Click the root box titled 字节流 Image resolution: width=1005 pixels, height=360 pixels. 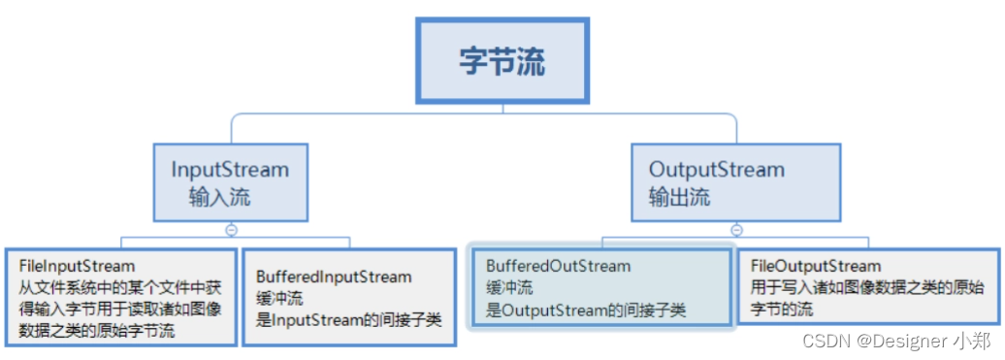502,60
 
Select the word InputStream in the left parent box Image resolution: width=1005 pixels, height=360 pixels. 230,170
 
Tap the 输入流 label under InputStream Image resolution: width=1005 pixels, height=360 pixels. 220,197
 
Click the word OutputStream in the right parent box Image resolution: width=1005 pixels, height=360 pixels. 717,170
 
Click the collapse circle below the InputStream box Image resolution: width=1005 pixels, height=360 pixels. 232,229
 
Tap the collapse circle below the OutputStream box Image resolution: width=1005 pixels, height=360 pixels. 737,229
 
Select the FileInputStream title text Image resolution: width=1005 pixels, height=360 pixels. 78,266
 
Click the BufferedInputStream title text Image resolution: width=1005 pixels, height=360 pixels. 334,278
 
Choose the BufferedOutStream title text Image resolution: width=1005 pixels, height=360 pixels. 558,266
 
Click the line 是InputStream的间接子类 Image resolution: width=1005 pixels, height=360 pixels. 348,320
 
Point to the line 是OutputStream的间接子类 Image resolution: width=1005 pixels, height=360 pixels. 587,311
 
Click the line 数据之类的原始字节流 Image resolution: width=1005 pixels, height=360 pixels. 97,331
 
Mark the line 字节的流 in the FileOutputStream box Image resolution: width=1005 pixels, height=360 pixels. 782,310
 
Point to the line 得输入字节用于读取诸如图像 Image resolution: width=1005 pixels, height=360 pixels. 120,310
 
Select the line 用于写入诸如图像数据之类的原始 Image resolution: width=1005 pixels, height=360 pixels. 867,287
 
